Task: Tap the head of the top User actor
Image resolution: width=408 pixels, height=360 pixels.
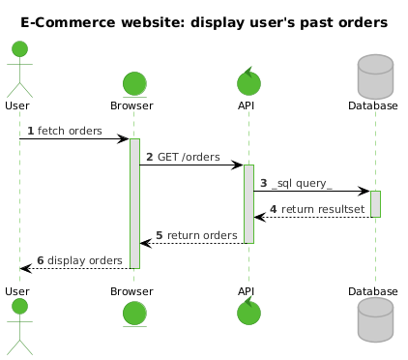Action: click(19, 49)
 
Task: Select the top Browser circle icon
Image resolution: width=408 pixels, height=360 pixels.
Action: click(134, 84)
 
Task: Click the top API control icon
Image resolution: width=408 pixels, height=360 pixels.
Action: click(248, 81)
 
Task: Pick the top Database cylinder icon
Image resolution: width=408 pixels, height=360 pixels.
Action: click(375, 76)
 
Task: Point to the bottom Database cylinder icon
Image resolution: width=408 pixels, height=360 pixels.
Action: click(375, 319)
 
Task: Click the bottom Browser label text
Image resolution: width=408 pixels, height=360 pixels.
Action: click(131, 291)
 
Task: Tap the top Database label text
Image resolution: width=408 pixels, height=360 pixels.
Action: click(373, 105)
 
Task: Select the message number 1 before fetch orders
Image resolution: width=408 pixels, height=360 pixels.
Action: click(31, 131)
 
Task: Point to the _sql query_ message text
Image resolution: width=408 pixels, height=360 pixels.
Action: click(302, 183)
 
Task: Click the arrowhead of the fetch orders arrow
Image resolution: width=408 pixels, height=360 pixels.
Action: click(124, 139)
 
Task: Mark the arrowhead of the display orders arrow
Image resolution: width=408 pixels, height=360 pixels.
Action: click(26, 268)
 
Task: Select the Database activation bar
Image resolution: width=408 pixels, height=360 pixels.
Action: click(375, 204)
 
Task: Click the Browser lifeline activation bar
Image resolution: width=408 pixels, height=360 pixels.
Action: click(134, 203)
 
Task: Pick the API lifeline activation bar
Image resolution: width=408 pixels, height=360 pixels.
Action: click(248, 204)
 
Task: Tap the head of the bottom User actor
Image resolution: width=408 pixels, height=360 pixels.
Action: click(19, 306)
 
